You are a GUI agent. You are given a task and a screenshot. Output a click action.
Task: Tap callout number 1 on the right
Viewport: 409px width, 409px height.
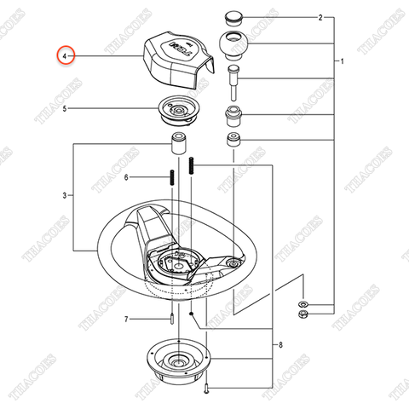342,62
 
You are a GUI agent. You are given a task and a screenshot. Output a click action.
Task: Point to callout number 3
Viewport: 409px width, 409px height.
64,196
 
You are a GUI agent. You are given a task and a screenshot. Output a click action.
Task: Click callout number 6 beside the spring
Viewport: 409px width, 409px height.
126,177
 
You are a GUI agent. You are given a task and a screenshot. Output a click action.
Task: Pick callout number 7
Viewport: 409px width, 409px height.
125,320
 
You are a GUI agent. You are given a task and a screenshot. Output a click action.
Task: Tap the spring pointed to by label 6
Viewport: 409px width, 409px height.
172,178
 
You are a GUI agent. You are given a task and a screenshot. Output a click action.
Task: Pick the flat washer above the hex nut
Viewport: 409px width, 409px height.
302,303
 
